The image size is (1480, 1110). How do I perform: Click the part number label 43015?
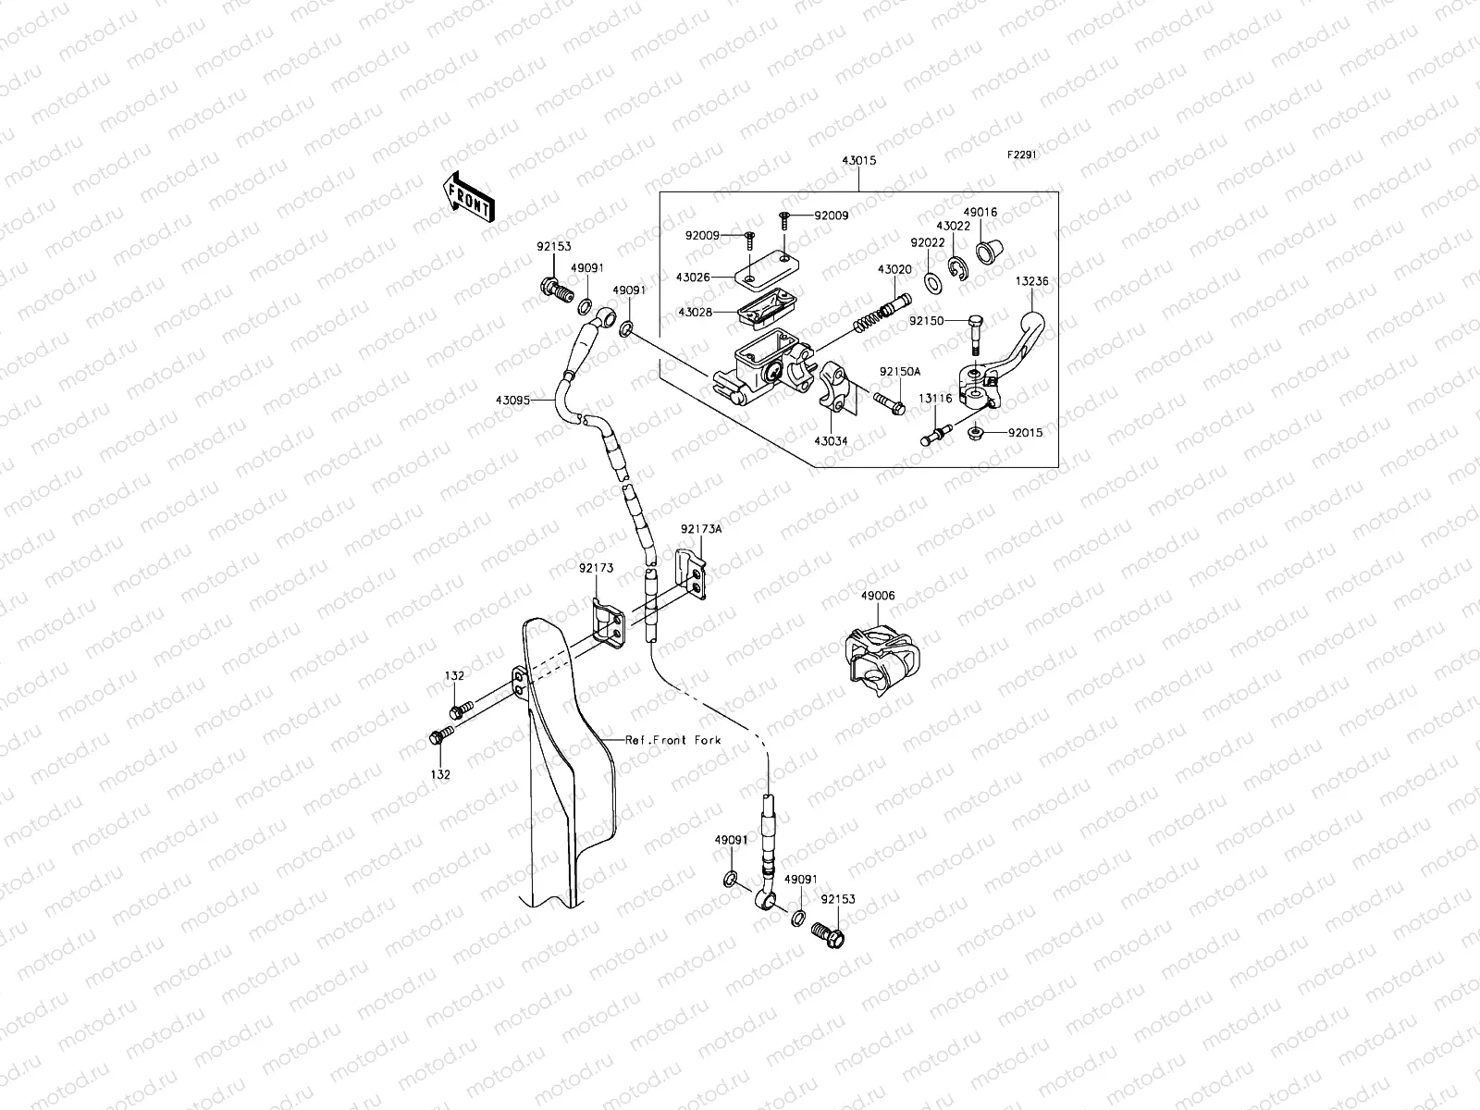coord(858,160)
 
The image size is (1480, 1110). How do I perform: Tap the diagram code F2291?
coord(1022,155)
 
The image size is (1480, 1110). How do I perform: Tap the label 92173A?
coord(701,528)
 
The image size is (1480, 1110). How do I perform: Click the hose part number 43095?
coord(512,401)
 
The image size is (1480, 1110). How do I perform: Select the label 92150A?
coord(899,371)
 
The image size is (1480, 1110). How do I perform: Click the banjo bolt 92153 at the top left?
coord(555,290)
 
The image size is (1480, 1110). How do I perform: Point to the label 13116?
coord(935,398)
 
